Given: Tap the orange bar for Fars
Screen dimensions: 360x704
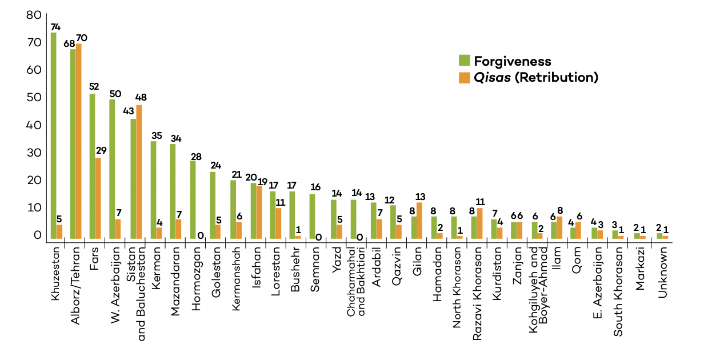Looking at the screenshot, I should coord(98,198).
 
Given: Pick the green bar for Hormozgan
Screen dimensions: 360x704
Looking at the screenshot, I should coord(193,199).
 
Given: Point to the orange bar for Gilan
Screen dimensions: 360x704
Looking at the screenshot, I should coord(419,220).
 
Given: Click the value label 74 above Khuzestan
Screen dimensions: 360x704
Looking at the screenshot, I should coord(55,27).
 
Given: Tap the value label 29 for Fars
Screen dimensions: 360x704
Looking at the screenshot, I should coord(101,151).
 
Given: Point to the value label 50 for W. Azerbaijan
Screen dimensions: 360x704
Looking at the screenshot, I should coord(115,93).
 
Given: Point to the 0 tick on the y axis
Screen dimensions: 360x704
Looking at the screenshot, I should coord(37,235).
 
